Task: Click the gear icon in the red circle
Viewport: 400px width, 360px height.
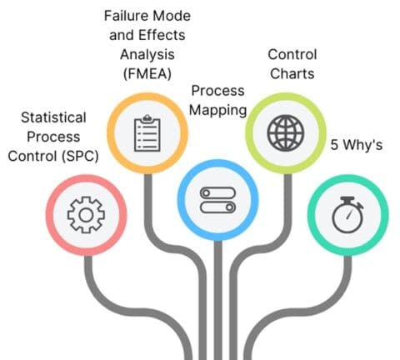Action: click(x=84, y=215)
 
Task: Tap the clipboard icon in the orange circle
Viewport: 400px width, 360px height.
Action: click(x=147, y=131)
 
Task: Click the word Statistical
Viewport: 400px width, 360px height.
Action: click(x=57, y=118)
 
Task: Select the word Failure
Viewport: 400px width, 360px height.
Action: click(x=123, y=16)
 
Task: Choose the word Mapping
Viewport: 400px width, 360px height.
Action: click(x=217, y=108)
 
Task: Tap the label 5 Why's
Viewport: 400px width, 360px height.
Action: click(x=356, y=144)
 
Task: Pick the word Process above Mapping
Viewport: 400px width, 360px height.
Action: click(x=217, y=90)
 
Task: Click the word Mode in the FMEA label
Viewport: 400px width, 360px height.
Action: click(x=168, y=16)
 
